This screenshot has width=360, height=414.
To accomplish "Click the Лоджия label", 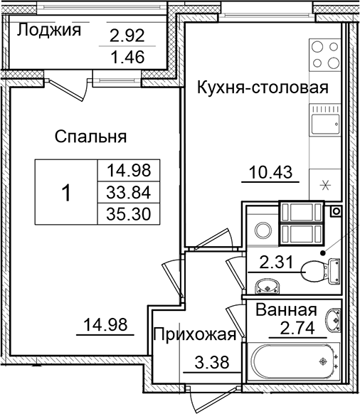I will [49, 30].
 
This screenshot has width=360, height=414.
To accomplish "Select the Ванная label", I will [285, 310].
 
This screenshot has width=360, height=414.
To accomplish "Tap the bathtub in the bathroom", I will [292, 362].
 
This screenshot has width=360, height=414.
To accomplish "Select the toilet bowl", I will [315, 271].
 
